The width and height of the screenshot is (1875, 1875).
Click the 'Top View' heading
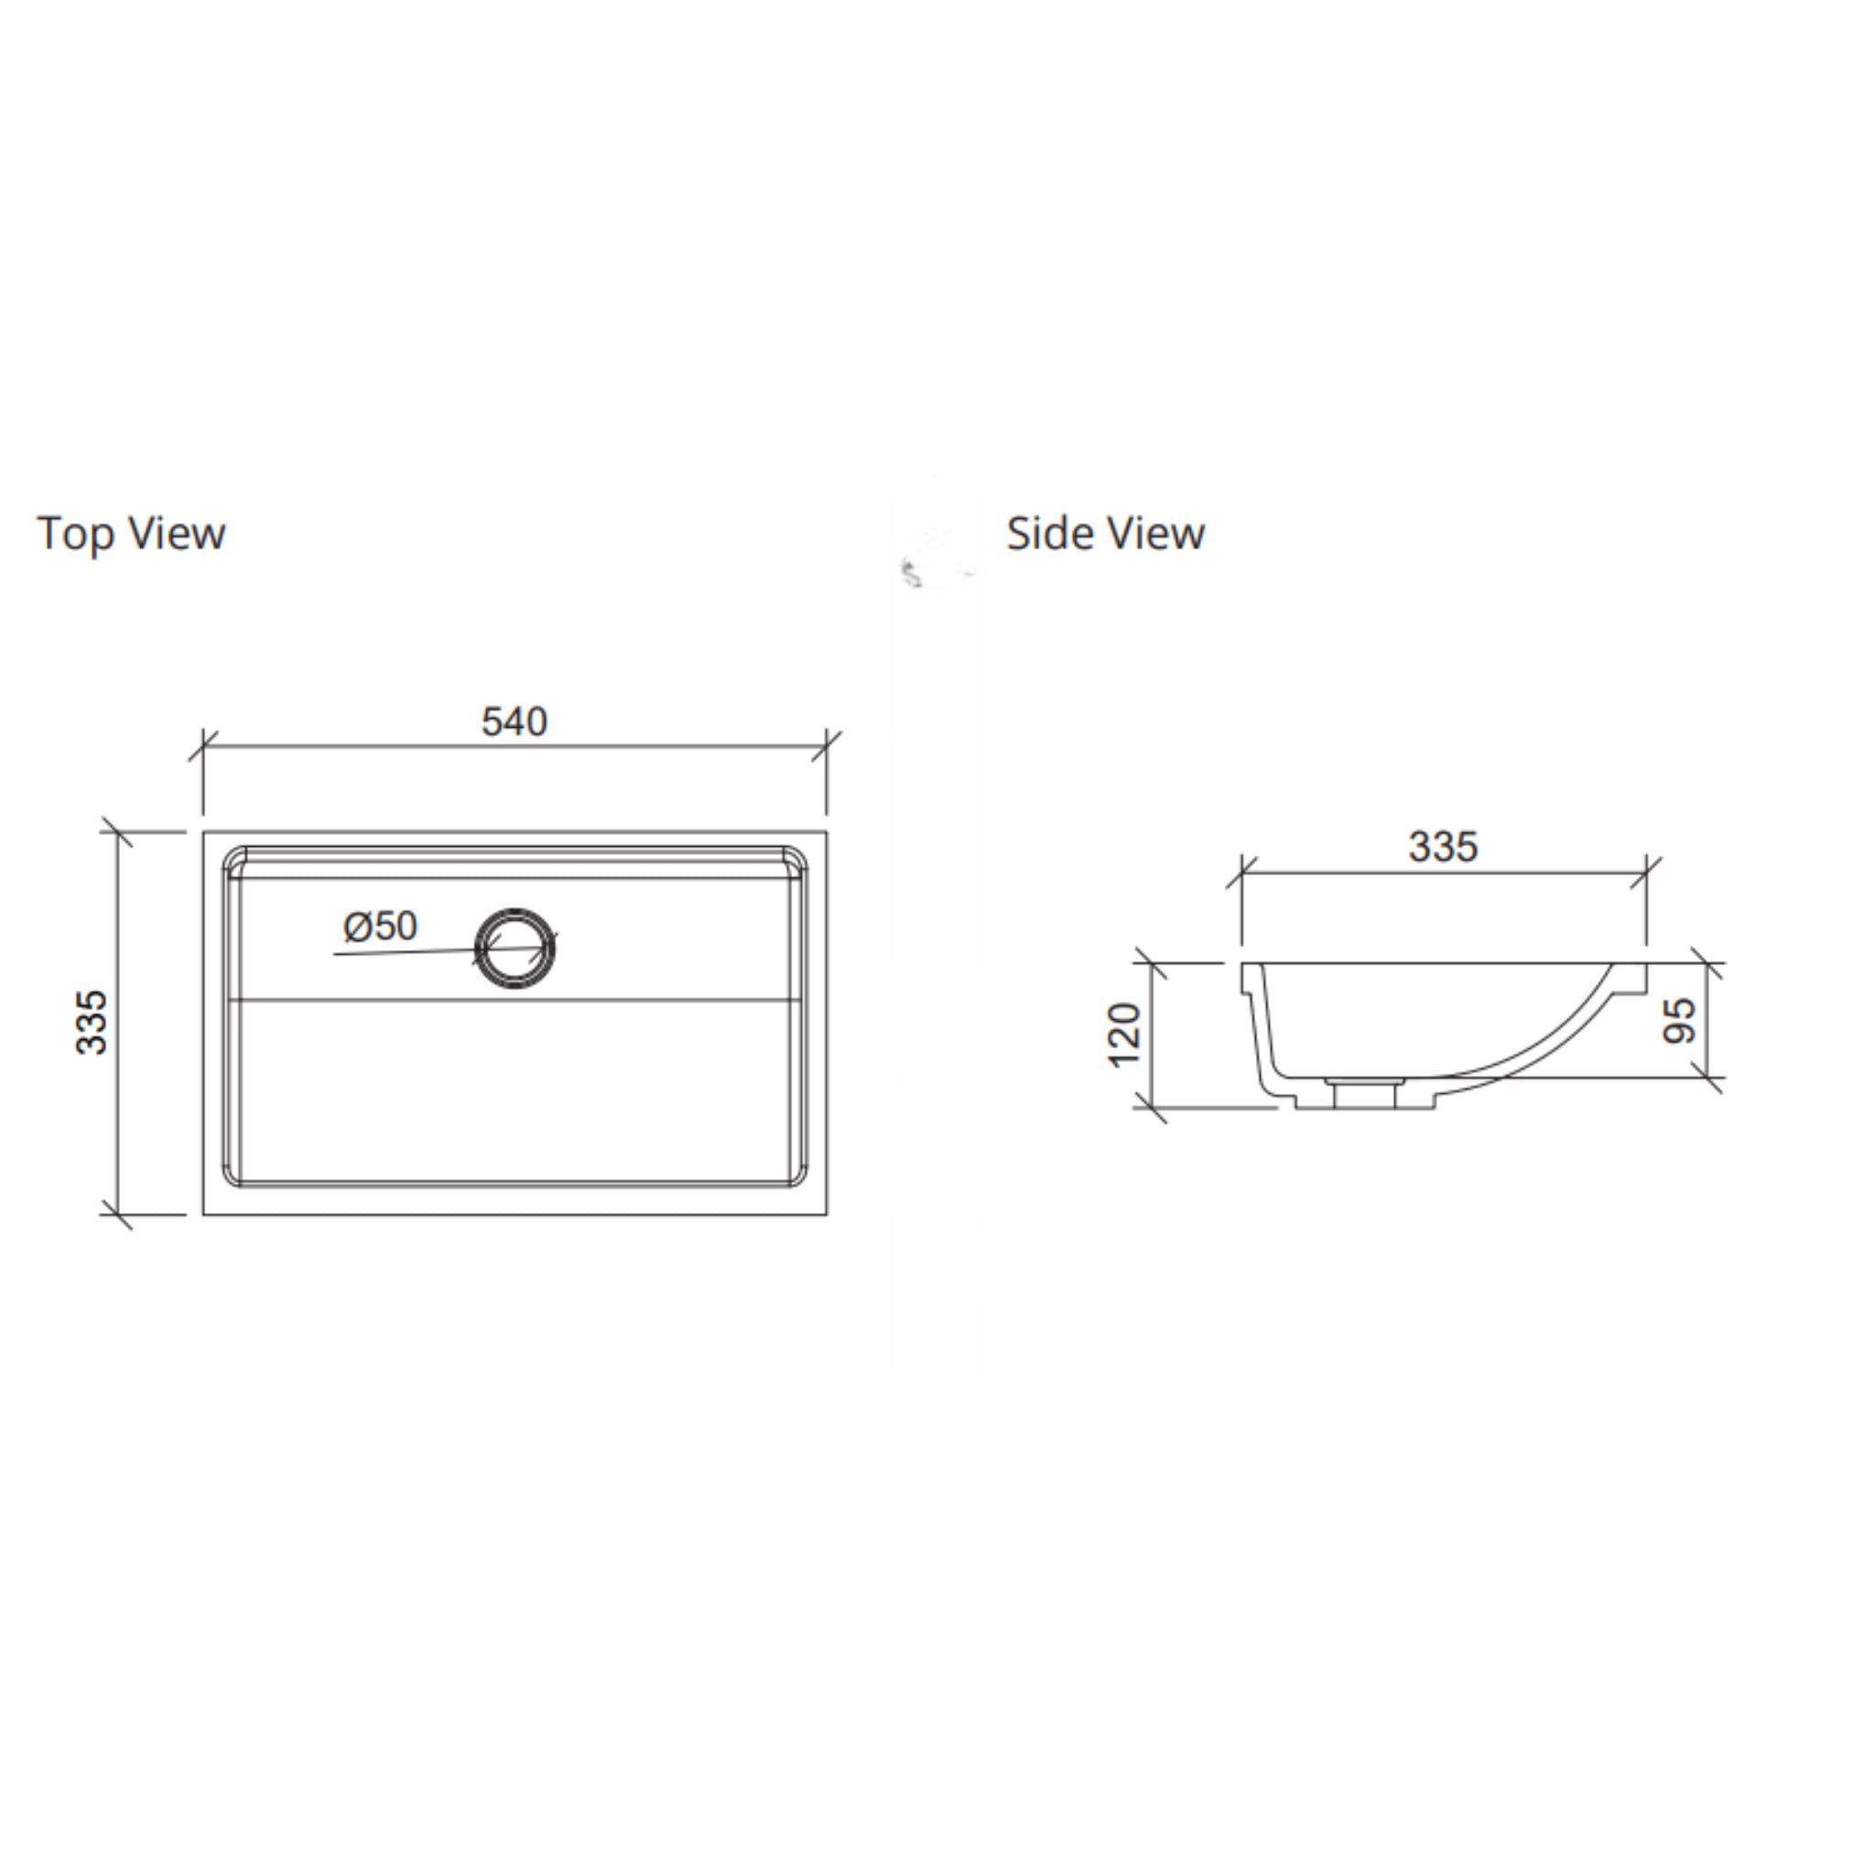pyautogui.click(x=131, y=534)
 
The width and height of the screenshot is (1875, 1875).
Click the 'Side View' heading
pyautogui.click(x=1105, y=534)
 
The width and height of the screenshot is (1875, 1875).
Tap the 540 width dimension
pyautogui.click(x=515, y=722)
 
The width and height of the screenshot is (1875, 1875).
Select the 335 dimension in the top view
pyautogui.click(x=93, y=1022)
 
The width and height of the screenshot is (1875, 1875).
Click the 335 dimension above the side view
pyautogui.click(x=1443, y=847)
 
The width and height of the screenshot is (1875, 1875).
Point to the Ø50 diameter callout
pyautogui.click(x=381, y=927)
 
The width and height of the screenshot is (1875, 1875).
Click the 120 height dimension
pyautogui.click(x=1125, y=1035)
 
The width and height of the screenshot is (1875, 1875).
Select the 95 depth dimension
pyautogui.click(x=1680, y=1020)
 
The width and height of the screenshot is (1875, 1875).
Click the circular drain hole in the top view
pyautogui.click(x=515, y=948)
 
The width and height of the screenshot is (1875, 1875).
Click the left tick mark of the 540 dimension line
pyautogui.click(x=203, y=747)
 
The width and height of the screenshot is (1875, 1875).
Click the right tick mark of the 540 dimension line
pyautogui.click(x=827, y=747)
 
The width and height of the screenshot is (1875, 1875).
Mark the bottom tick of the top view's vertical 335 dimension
pyautogui.click(x=117, y=1214)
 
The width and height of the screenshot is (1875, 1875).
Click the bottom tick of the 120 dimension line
pyautogui.click(x=1150, y=1108)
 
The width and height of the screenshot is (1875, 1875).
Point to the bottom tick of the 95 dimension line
pyautogui.click(x=1708, y=1078)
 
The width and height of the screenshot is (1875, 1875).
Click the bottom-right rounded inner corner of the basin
pyautogui.click(x=795, y=1176)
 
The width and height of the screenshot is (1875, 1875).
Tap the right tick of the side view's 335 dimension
pyautogui.click(x=1646, y=872)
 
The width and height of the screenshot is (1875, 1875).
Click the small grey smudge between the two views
pyautogui.click(x=912, y=576)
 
